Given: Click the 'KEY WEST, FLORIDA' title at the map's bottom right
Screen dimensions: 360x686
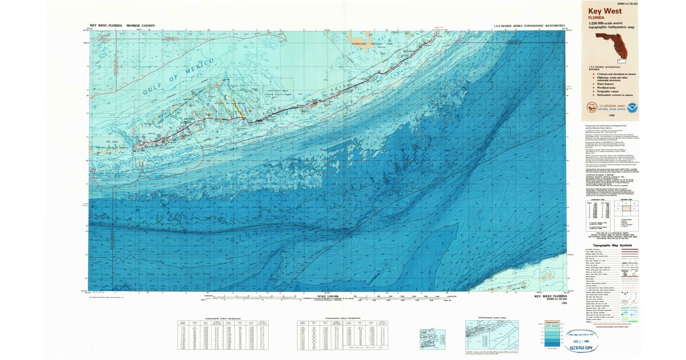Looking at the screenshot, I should point(552,296).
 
